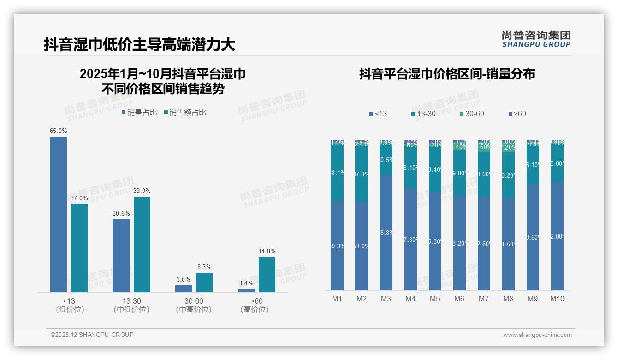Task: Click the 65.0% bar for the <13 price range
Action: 59,214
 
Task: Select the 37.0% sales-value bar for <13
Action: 79,248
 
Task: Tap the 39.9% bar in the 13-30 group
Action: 142,245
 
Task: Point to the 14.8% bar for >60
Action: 267,275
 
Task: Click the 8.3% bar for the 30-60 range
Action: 204,282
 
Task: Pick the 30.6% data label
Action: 121,213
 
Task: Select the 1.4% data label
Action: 246,283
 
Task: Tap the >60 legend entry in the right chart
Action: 517,114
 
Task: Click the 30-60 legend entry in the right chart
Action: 472,114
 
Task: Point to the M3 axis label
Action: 386,299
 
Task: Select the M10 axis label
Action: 557,299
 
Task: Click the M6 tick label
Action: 459,299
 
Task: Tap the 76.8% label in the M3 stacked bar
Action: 386,233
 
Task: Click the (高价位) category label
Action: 255,310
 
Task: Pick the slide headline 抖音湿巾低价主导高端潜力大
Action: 139,44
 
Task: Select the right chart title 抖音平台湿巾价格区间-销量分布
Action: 447,74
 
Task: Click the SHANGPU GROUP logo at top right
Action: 536,39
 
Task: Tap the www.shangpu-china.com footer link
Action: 537,335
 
